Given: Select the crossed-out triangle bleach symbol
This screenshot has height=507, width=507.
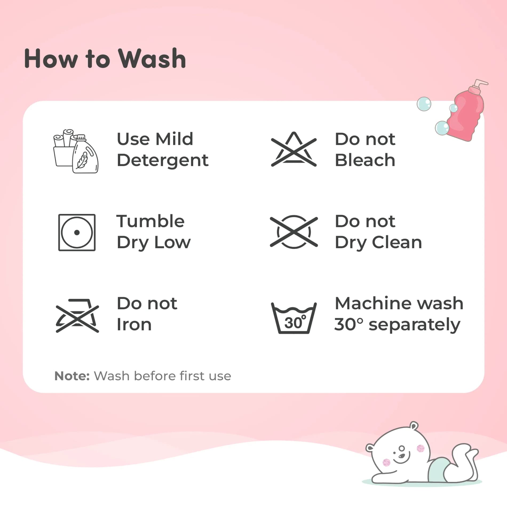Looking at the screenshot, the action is (x=294, y=149).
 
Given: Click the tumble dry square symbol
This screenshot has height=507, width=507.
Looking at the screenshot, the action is (x=77, y=232).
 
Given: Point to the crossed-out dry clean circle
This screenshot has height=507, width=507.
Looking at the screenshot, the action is (x=294, y=232).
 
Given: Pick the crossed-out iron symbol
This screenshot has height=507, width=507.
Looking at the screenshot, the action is (x=77, y=316).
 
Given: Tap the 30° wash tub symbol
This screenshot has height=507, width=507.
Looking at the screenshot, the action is (x=294, y=318).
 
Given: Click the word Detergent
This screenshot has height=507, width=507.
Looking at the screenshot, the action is (x=163, y=161).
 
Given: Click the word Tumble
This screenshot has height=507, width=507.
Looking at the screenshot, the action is (x=150, y=221).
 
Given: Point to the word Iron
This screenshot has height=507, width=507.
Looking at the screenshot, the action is (x=134, y=324).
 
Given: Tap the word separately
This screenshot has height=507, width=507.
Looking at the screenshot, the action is (x=414, y=325).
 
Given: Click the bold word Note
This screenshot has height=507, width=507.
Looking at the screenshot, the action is (x=72, y=376).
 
